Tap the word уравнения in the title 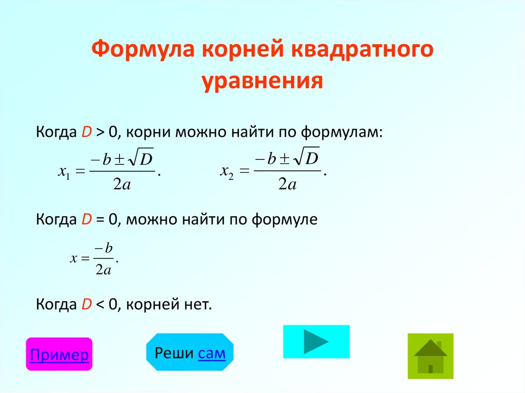point(262,80)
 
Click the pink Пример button point(59,355)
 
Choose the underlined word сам point(211,352)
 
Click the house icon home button point(431,356)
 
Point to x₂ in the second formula point(228,172)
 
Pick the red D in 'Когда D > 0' point(86,132)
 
